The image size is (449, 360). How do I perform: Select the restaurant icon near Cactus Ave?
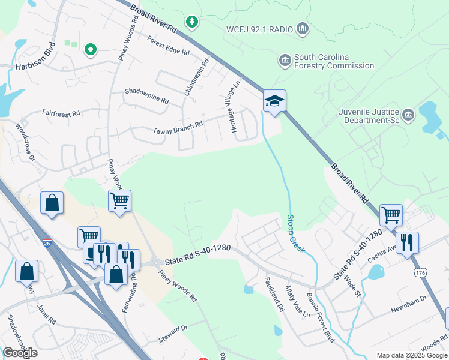[407, 242]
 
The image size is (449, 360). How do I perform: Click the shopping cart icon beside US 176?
[391, 214]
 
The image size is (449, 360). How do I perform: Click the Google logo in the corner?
[20, 353]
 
